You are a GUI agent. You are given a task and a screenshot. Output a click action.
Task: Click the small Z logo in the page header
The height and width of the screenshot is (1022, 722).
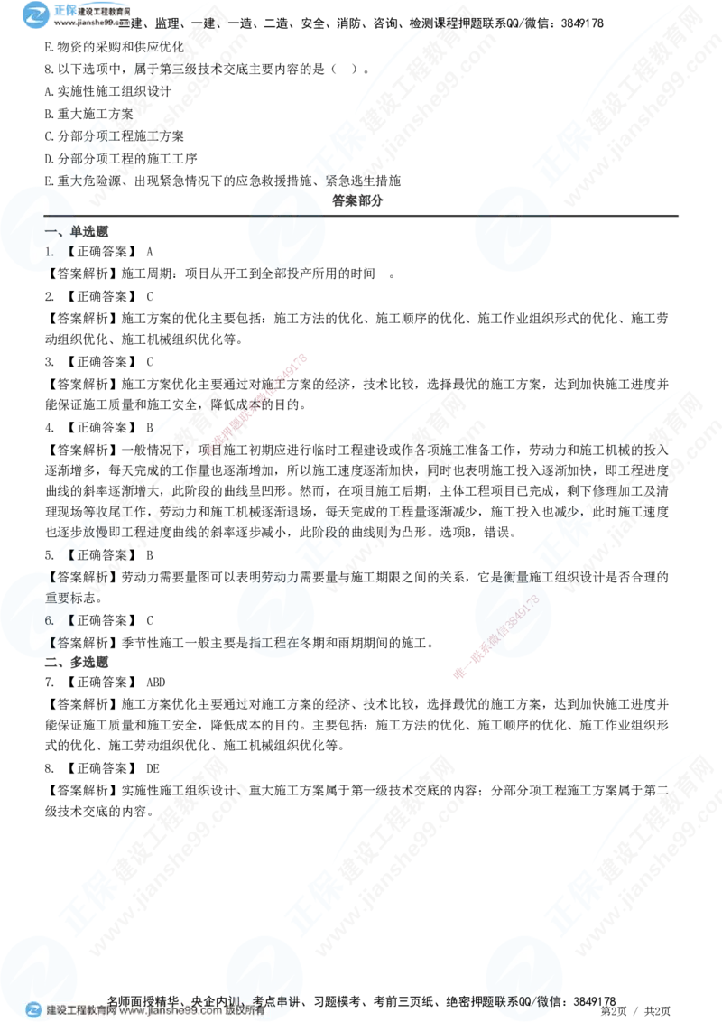(x=36, y=15)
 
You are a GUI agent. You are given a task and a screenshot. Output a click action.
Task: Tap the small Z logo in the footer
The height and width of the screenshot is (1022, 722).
(x=33, y=1010)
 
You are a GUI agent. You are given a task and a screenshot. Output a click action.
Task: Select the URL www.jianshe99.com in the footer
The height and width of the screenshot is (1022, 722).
(x=163, y=1011)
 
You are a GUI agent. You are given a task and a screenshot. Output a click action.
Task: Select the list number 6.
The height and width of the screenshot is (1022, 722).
(x=50, y=621)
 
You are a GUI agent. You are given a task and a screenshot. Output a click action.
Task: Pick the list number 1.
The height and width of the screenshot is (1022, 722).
(x=51, y=254)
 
